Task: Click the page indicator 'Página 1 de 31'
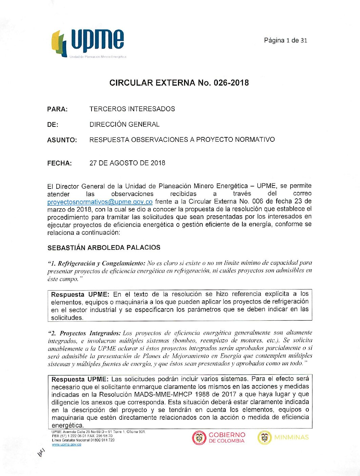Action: point(285,40)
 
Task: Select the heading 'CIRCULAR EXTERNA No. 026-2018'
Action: point(179,83)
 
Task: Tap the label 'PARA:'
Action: point(57,109)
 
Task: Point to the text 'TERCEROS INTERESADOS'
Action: point(132,109)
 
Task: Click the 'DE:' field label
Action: point(53,125)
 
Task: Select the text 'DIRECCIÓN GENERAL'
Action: point(124,124)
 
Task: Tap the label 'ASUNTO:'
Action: point(62,140)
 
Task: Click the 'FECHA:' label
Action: point(60,163)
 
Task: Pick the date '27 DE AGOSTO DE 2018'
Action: point(127,163)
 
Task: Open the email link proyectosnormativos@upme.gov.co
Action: point(100,202)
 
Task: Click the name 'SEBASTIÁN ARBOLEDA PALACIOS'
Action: point(104,247)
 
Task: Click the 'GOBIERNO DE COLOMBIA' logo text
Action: point(226,438)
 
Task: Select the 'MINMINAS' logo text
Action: point(291,437)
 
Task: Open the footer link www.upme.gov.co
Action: point(66,444)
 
